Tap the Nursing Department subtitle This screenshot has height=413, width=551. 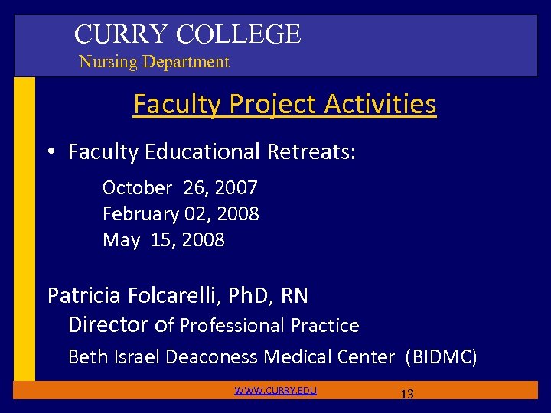coord(154,62)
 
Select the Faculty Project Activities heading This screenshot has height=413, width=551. coord(285,104)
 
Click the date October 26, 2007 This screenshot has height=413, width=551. coord(180,187)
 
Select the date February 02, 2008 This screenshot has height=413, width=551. coord(181,213)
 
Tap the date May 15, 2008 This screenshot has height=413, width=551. coord(164,240)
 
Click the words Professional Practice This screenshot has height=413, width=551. coord(269,326)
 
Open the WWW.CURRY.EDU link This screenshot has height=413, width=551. coord(275,391)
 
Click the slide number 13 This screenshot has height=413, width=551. coord(407,395)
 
